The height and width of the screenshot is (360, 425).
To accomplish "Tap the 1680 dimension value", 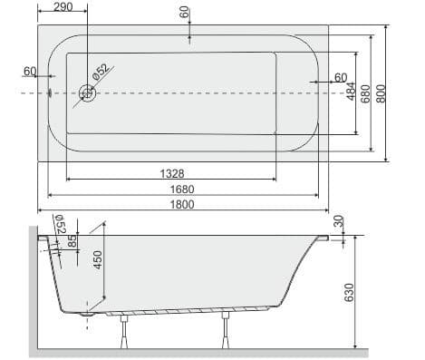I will coord(182,189).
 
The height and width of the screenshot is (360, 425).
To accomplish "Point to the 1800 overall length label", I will coord(182,205).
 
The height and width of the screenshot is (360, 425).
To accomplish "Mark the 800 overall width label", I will coord(382,92).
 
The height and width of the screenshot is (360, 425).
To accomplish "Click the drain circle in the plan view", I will coord(88,92).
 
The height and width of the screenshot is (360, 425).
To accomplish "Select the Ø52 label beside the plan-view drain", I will coord(102,71).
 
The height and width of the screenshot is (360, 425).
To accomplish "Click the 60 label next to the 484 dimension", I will coord(341,77).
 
